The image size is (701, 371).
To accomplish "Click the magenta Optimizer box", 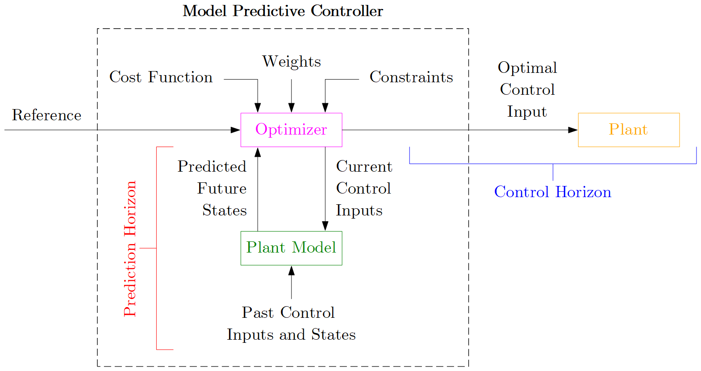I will coord(291,130).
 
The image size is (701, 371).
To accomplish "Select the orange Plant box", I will coord(628,130).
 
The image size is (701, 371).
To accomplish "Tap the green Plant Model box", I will coord(291,248).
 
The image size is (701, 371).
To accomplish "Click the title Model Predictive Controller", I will coord(283,11).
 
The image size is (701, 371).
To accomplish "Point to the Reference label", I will coord(46,115).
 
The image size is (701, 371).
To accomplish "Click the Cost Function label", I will coord(161,77).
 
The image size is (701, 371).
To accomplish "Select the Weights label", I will coord(291,62).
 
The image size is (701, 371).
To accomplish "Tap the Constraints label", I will coord(411,77).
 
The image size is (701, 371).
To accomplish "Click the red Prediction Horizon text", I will coord(130,249).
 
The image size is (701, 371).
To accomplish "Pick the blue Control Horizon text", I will coord(552,192).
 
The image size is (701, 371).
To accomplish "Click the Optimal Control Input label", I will coord(527,89).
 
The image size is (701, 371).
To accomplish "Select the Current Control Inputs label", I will coord(363,188).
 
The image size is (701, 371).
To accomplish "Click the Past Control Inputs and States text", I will coord(291,324).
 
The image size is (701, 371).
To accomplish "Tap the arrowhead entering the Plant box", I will coord(573,130).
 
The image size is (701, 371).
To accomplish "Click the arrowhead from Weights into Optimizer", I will coord(291,108).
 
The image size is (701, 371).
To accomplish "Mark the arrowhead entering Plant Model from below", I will coord(291,270).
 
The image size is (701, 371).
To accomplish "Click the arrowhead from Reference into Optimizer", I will coord(235,130).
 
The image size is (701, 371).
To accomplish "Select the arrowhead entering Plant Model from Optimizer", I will coord(325,226).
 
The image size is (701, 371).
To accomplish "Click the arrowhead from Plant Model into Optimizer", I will coord(258,152).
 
